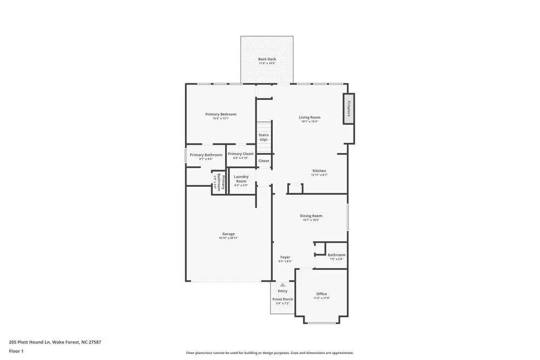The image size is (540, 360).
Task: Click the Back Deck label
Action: pyautogui.click(x=267, y=59)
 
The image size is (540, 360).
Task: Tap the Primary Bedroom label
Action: pyautogui.click(x=221, y=114)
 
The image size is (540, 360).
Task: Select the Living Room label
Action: pyautogui.click(x=310, y=117)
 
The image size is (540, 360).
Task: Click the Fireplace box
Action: pyautogui.click(x=349, y=108)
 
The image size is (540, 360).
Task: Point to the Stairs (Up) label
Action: pyautogui.click(x=264, y=137)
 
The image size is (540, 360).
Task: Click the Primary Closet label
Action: pyautogui.click(x=240, y=154)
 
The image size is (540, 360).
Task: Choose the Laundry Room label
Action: pyautogui.click(x=241, y=179)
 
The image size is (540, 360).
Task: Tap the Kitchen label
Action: pyautogui.click(x=319, y=171)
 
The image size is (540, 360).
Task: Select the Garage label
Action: pyautogui.click(x=228, y=234)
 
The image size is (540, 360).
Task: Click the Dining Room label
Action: pyautogui.click(x=310, y=216)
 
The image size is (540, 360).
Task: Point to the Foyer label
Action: pyautogui.click(x=285, y=257)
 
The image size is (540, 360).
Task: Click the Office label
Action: pyautogui.click(x=322, y=294)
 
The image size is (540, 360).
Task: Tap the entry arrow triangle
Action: pyautogui.click(x=282, y=284)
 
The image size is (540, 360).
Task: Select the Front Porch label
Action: pyautogui.click(x=282, y=299)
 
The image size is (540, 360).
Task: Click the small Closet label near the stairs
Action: pyautogui.click(x=264, y=161)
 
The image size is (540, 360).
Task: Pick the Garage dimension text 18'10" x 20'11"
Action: pyautogui.click(x=228, y=238)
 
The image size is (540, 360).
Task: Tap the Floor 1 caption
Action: pyautogui.click(x=16, y=351)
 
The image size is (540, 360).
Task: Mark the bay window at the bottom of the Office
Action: pyautogui.click(x=322, y=323)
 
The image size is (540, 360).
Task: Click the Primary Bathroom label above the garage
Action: pyautogui.click(x=206, y=155)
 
